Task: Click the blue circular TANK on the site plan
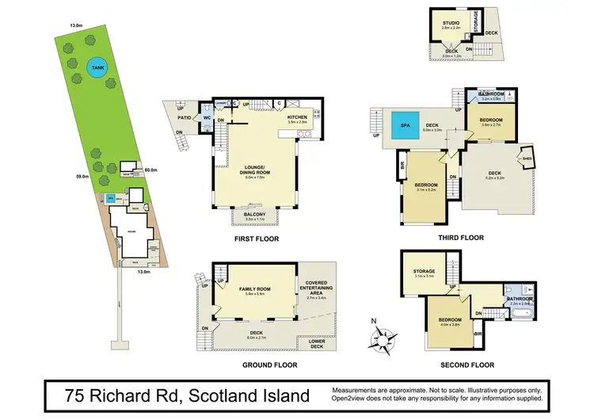pos(97,67)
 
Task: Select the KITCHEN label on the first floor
pos(297,118)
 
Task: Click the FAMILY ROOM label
pos(255,290)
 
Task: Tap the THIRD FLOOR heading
pos(460,237)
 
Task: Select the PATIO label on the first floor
pos(181,114)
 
